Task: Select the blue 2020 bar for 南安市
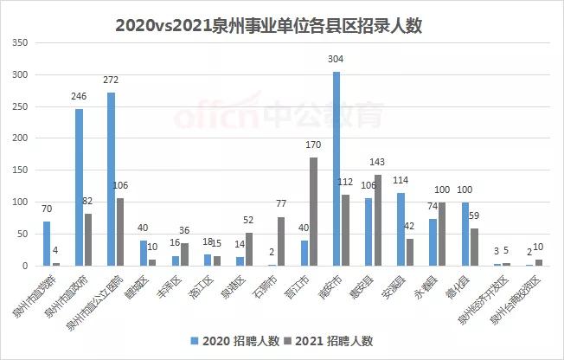[x=336, y=169]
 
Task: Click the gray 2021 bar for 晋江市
[x=312, y=211]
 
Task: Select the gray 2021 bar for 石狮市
[x=280, y=241]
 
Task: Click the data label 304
[x=336, y=60]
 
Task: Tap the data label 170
[x=314, y=146]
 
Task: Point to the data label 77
[x=281, y=204]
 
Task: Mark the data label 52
[x=250, y=221]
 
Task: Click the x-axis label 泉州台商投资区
[x=517, y=299]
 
